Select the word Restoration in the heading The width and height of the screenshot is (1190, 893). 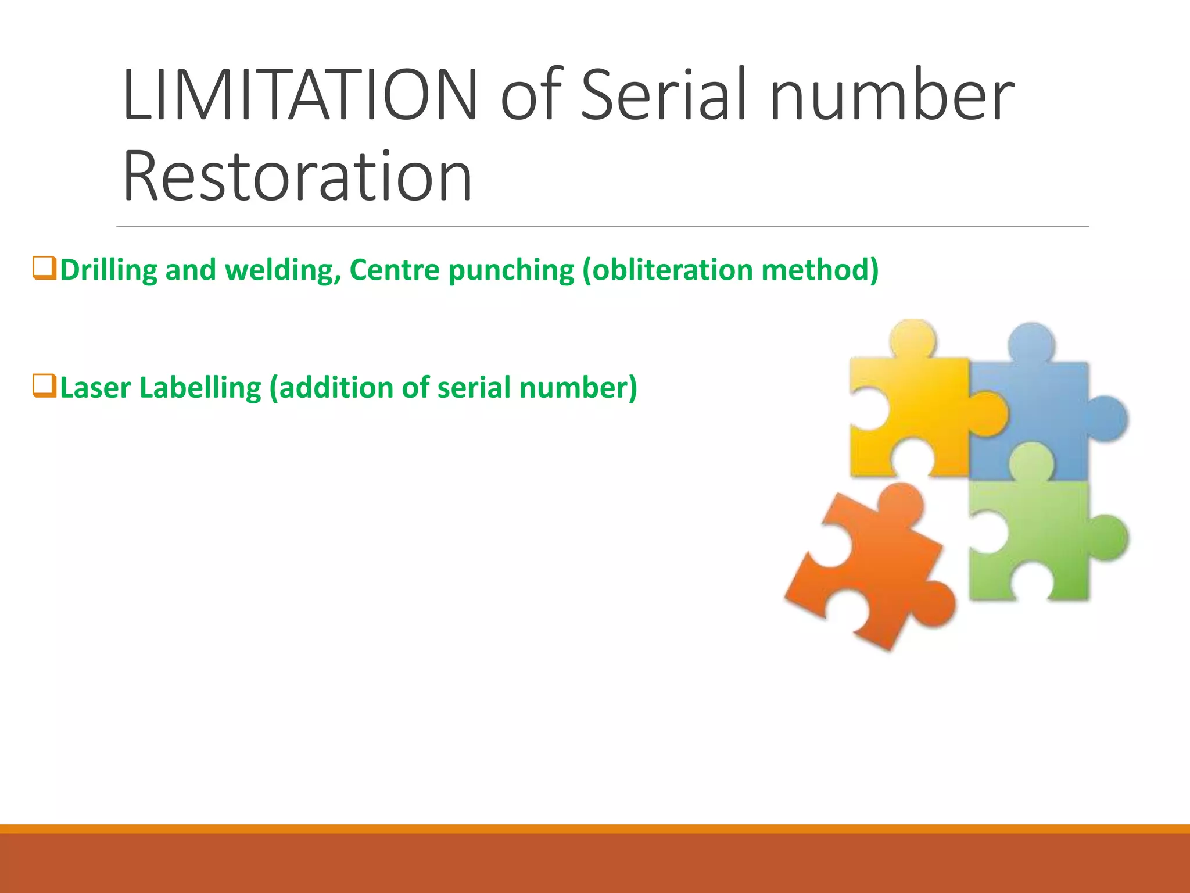click(x=297, y=176)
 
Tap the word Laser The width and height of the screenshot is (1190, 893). click(x=95, y=388)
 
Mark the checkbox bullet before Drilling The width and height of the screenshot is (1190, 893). click(x=45, y=269)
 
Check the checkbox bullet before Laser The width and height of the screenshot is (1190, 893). click(x=45, y=386)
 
